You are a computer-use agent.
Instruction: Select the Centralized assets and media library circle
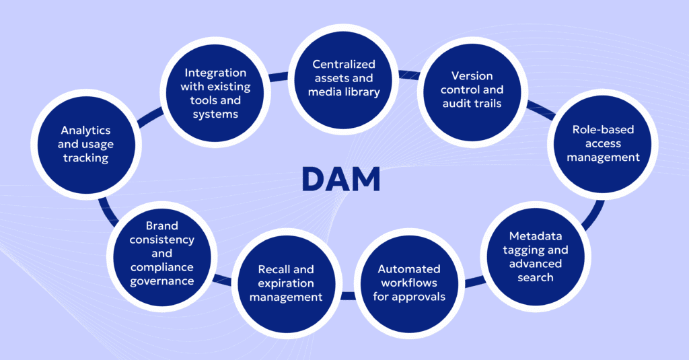pos(344,78)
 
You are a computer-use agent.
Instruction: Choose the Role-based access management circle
pos(593,143)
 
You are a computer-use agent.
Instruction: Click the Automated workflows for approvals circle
pos(408,283)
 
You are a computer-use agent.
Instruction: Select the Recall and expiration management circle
pos(286,283)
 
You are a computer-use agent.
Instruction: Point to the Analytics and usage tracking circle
pos(85,143)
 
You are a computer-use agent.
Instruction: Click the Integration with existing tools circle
pos(215,93)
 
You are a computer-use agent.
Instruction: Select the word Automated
pos(408,268)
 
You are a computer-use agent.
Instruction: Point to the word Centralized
pos(344,64)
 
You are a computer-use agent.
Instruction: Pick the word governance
pos(161,281)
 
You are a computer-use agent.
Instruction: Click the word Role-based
pos(593,129)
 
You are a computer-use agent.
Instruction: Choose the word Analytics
pos(85,130)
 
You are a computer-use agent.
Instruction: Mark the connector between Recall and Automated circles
pos(347,295)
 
